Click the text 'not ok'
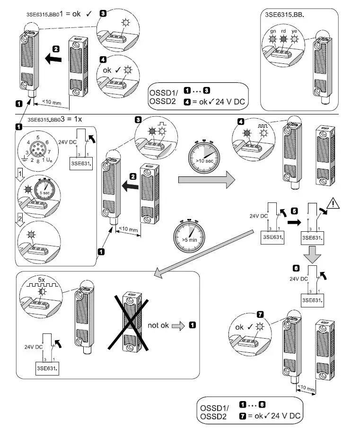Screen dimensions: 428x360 pyautogui.click(x=159, y=325)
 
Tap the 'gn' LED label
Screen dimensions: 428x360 pyautogui.click(x=273, y=31)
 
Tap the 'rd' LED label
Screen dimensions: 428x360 pyautogui.click(x=284, y=31)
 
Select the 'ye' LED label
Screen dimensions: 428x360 pyautogui.click(x=294, y=31)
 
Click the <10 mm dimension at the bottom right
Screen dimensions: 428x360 pyautogui.click(x=306, y=389)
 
